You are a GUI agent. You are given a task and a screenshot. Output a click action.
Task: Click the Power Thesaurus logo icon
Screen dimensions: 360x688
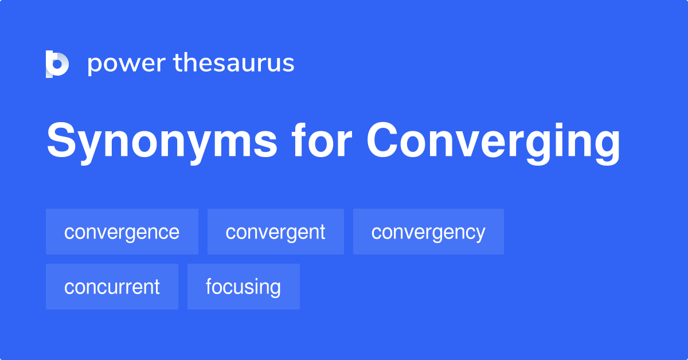57,64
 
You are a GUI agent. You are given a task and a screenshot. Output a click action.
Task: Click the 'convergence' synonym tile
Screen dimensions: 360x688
122,232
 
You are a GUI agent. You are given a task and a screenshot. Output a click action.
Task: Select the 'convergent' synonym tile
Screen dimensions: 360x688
275,232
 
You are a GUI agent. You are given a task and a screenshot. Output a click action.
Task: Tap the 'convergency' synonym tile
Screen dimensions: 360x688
428,232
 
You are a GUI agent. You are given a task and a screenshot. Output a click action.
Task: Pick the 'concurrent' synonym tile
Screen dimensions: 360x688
112,287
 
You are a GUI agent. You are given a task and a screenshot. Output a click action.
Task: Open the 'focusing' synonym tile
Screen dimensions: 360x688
243,287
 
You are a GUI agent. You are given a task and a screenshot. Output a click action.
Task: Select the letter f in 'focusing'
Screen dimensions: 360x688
209,286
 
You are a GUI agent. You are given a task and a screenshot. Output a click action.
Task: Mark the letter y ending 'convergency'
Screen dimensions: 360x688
480,234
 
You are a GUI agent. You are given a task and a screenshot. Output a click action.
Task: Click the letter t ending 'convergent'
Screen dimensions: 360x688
322,232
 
